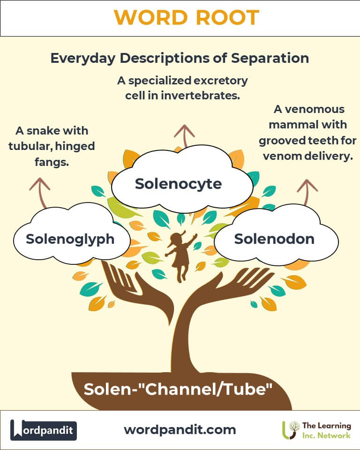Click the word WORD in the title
click(148, 18)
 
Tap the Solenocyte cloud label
click(178, 184)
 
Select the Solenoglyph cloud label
click(70, 239)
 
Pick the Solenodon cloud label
click(274, 239)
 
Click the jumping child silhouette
click(180, 255)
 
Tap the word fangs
click(35, 162)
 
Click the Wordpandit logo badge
click(44, 429)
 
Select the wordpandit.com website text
click(180, 429)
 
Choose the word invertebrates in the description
click(208, 96)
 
